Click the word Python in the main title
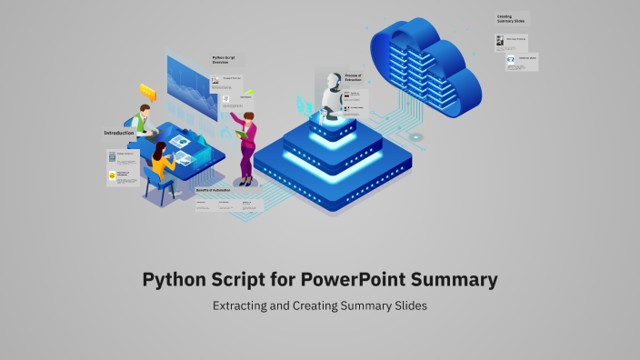coord(175,279)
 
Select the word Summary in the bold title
coord(455,279)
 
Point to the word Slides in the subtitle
coord(408,305)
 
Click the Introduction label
coord(119,133)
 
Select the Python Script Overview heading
coord(223,60)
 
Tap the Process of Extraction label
coord(355,77)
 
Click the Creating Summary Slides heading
coord(508,19)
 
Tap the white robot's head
coord(332,80)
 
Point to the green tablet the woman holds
coord(242,135)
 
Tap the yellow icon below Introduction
coord(113,175)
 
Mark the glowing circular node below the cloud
coord(416,136)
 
